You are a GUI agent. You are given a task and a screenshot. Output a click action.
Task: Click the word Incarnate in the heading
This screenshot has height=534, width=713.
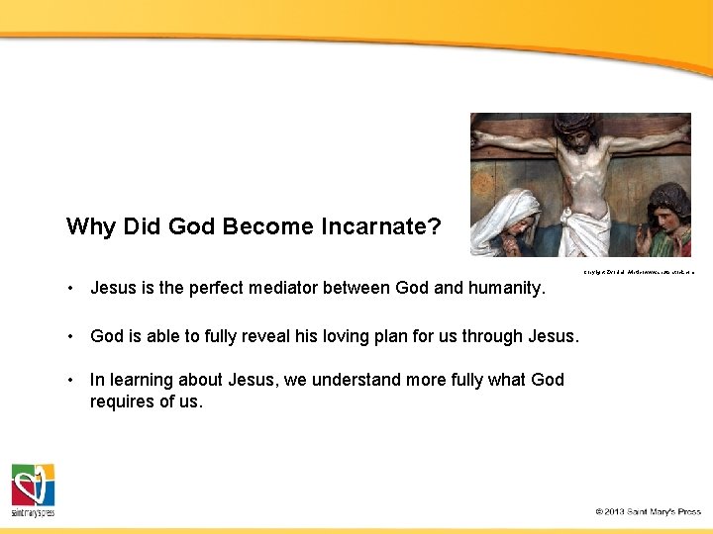[380, 226]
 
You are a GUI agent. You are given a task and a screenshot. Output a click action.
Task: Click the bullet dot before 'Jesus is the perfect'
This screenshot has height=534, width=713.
[72, 289]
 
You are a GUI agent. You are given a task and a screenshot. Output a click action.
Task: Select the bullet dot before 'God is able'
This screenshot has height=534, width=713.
[72, 336]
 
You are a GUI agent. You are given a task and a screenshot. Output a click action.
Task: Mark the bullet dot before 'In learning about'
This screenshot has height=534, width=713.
[72, 380]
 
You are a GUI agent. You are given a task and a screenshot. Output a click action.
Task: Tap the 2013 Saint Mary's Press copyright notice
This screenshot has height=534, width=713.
[648, 511]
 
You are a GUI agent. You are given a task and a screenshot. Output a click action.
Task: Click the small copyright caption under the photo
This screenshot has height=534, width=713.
[638, 270]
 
